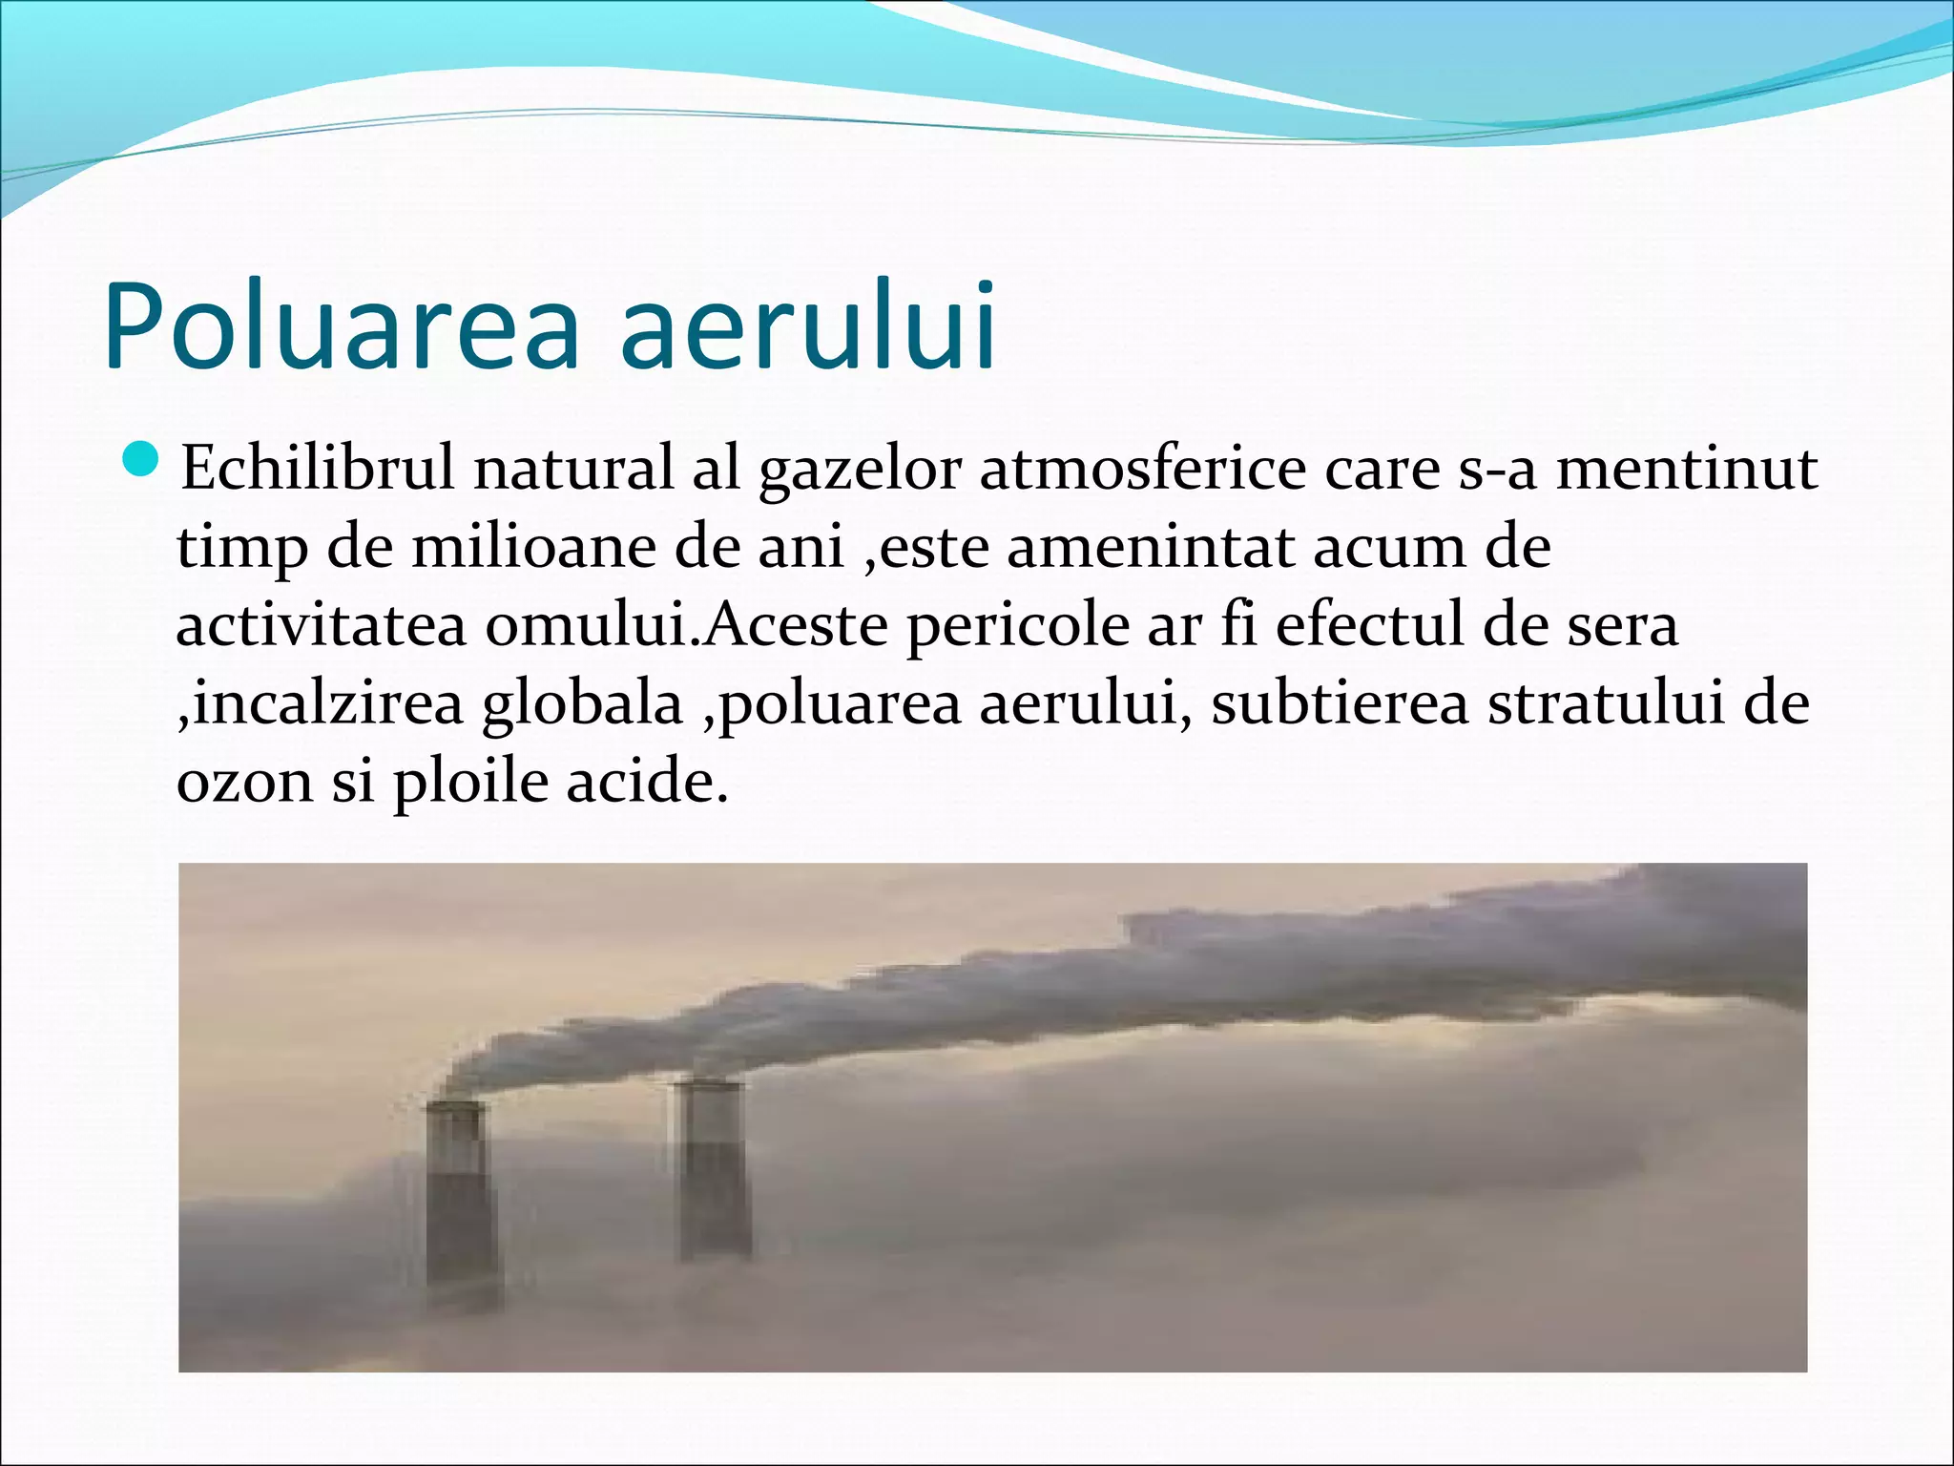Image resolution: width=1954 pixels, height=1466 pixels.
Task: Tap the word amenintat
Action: [x=1149, y=548]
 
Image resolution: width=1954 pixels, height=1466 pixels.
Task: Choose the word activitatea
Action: [x=321, y=626]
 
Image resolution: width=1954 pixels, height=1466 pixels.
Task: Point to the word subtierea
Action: [x=1340, y=704]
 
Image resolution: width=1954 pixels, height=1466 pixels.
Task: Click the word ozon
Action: [x=244, y=783]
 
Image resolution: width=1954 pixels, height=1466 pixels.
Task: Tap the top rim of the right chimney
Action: [x=707, y=1084]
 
